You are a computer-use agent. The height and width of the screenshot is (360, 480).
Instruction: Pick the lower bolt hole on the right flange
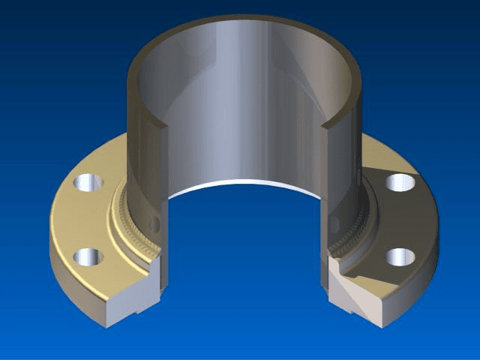click(x=400, y=257)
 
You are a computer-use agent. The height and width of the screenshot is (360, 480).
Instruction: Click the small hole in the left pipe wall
click(x=154, y=224)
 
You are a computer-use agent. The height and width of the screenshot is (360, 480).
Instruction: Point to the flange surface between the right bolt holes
click(x=409, y=219)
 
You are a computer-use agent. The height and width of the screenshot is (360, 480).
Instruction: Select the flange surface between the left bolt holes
click(x=82, y=220)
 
